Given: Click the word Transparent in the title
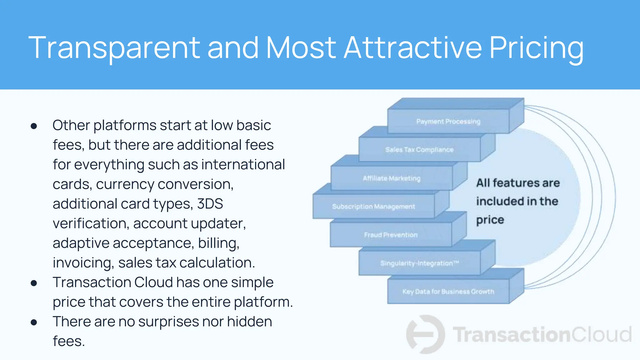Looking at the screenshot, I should coord(114,47).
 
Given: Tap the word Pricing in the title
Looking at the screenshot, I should coord(536,47).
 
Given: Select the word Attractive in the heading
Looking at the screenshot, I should coord(412,47).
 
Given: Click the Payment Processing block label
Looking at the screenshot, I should coord(448,122).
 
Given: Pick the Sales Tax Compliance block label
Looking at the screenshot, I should coord(419,150).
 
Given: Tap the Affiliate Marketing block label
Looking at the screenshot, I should coord(392,178).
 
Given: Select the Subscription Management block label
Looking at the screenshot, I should coord(373,207).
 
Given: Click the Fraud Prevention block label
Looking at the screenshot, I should coord(391,235).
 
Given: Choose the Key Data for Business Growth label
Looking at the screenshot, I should coord(448,292).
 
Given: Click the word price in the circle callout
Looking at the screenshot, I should coord(490,220).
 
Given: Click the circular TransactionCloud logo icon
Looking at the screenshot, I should coord(425,334).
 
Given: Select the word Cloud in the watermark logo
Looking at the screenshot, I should coord(601,335).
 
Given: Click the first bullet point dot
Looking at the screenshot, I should coord(34,126).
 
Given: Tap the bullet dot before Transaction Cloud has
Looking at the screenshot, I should coord(34,283).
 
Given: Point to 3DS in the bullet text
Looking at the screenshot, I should coord(210,204).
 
